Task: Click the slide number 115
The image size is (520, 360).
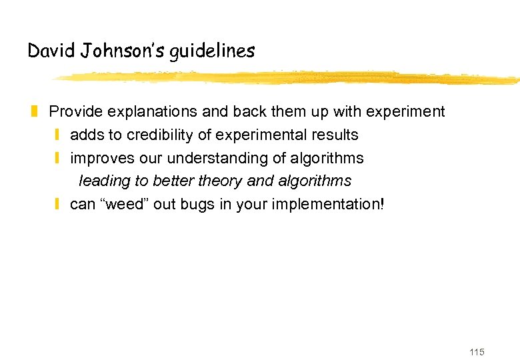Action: tap(477, 352)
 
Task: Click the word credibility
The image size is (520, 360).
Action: tap(157, 135)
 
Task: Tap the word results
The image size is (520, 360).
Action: tap(335, 135)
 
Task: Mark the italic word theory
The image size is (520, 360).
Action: tap(221, 181)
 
